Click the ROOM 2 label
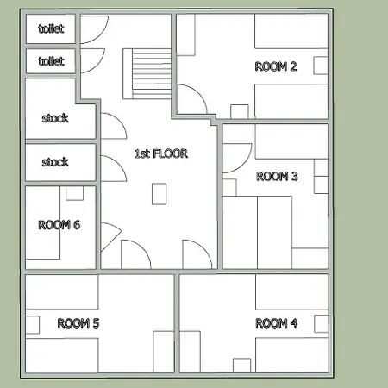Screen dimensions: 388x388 pyautogui.click(x=276, y=66)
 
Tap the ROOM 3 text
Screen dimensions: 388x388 pyautogui.click(x=277, y=176)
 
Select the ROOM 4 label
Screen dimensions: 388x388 pyautogui.click(x=276, y=323)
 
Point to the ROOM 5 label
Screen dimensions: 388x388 pyautogui.click(x=78, y=323)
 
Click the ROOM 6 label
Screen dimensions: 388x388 pyautogui.click(x=59, y=225)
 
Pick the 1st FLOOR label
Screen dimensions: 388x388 pyautogui.click(x=161, y=153)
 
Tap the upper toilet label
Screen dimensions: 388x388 pyautogui.click(x=51, y=28)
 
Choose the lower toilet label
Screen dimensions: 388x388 pyautogui.click(x=51, y=61)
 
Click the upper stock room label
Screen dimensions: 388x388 pyautogui.click(x=55, y=118)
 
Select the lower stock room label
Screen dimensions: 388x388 pyautogui.click(x=55, y=162)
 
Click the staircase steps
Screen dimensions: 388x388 pyautogui.click(x=152, y=74)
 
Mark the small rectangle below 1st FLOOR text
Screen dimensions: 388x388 pyautogui.click(x=160, y=194)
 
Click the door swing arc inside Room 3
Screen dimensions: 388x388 pyautogui.click(x=245, y=164)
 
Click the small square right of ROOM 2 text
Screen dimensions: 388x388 pyautogui.click(x=321, y=66)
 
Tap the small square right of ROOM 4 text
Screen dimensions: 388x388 pyautogui.click(x=322, y=324)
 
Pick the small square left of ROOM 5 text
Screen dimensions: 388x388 pyautogui.click(x=33, y=325)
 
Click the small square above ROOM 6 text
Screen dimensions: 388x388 pyautogui.click(x=75, y=193)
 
